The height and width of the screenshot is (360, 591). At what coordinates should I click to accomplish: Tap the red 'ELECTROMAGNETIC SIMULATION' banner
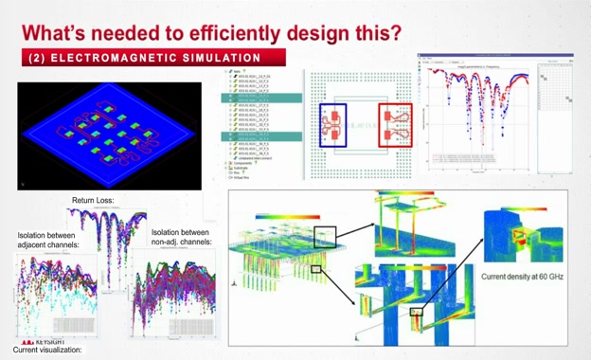[x=143, y=58]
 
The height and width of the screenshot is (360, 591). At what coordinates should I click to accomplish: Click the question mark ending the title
[x=395, y=31]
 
